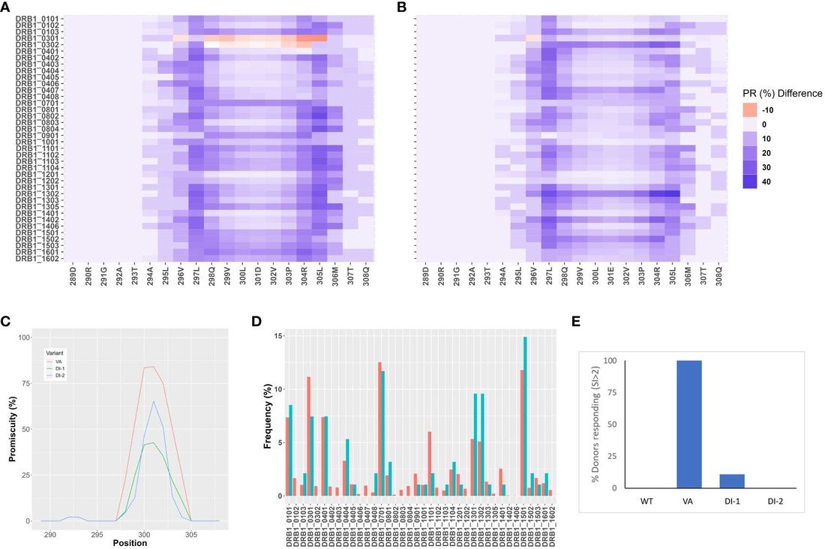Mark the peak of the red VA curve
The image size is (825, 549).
pos(152,367)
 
